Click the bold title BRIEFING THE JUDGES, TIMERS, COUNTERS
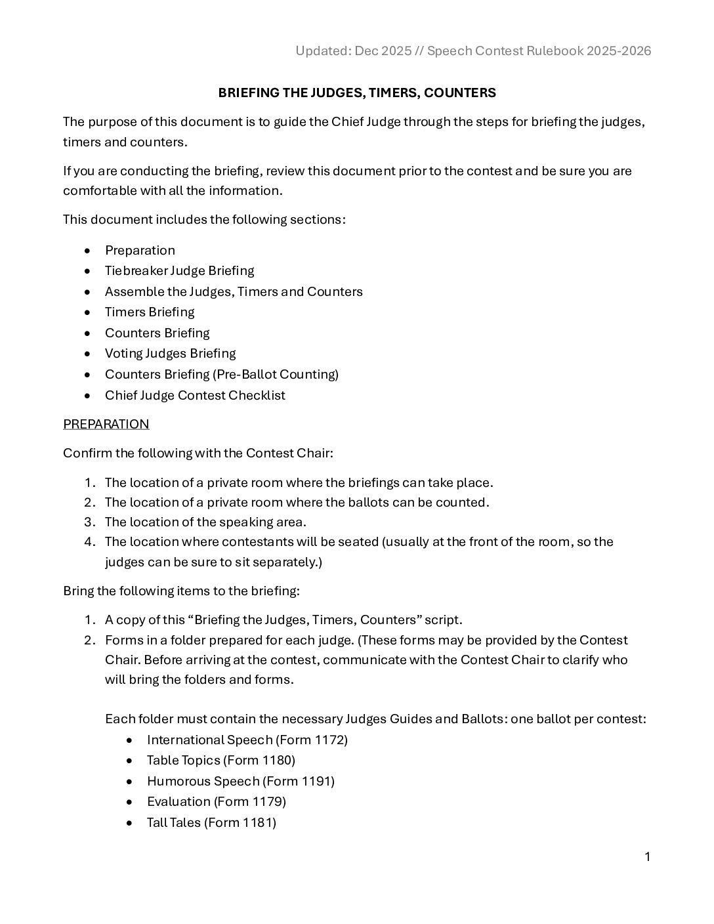(357, 93)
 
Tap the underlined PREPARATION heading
(106, 424)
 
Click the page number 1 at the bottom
(647, 856)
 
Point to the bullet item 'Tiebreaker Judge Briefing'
(179, 270)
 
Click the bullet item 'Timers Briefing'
(150, 312)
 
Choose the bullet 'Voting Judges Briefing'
(170, 353)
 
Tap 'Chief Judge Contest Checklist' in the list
(195, 395)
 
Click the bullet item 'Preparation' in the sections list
(140, 250)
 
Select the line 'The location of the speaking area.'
(205, 522)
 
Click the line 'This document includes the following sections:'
(204, 219)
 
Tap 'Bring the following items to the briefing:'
(181, 591)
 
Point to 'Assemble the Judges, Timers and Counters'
(234, 291)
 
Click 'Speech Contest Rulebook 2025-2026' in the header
(539, 51)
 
